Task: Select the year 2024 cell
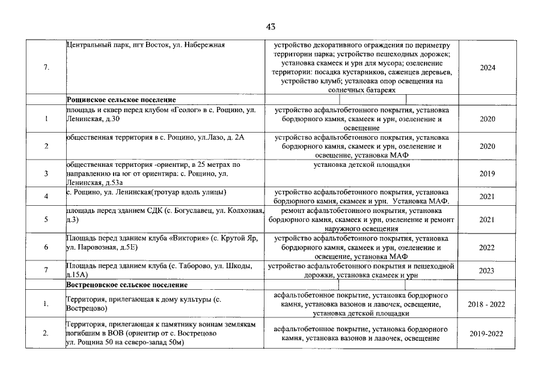click(x=487, y=68)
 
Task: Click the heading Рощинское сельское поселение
click(x=121, y=100)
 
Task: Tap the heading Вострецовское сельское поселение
click(x=127, y=284)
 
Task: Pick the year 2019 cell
click(x=487, y=174)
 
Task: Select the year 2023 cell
click(x=487, y=271)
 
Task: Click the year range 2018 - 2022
click(x=487, y=304)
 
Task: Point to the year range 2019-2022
click(x=487, y=334)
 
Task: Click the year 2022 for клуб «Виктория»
click(x=487, y=247)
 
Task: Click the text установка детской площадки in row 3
click(x=362, y=164)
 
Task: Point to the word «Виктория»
click(x=183, y=239)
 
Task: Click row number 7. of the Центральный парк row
click(x=46, y=68)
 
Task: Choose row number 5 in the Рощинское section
click(x=46, y=220)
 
